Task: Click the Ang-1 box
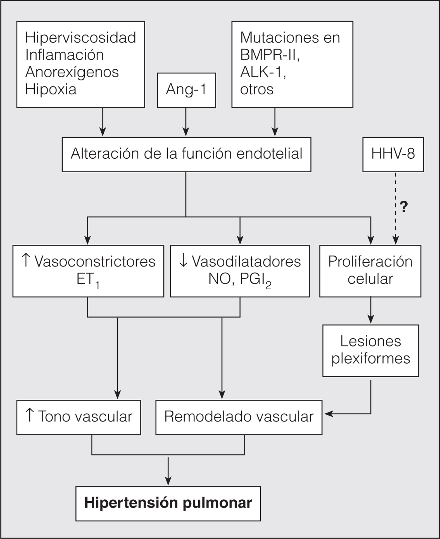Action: tap(186, 90)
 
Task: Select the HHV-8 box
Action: tap(393, 154)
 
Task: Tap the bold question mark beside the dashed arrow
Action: tap(404, 207)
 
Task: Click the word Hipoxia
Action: tap(51, 89)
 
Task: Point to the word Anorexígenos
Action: tap(72, 72)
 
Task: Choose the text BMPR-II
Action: tap(270, 55)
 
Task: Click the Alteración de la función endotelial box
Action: tap(186, 154)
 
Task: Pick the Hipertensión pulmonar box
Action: tap(168, 503)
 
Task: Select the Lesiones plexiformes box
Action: tap(370, 350)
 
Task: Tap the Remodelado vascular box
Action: tap(239, 417)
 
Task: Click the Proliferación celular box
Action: tap(370, 271)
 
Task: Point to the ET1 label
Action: tap(88, 280)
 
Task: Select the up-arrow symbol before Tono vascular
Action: tap(29, 416)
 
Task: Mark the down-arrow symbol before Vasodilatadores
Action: tap(183, 261)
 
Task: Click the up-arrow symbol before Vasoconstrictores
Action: tap(25, 261)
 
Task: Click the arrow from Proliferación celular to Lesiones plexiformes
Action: tap(371, 310)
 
